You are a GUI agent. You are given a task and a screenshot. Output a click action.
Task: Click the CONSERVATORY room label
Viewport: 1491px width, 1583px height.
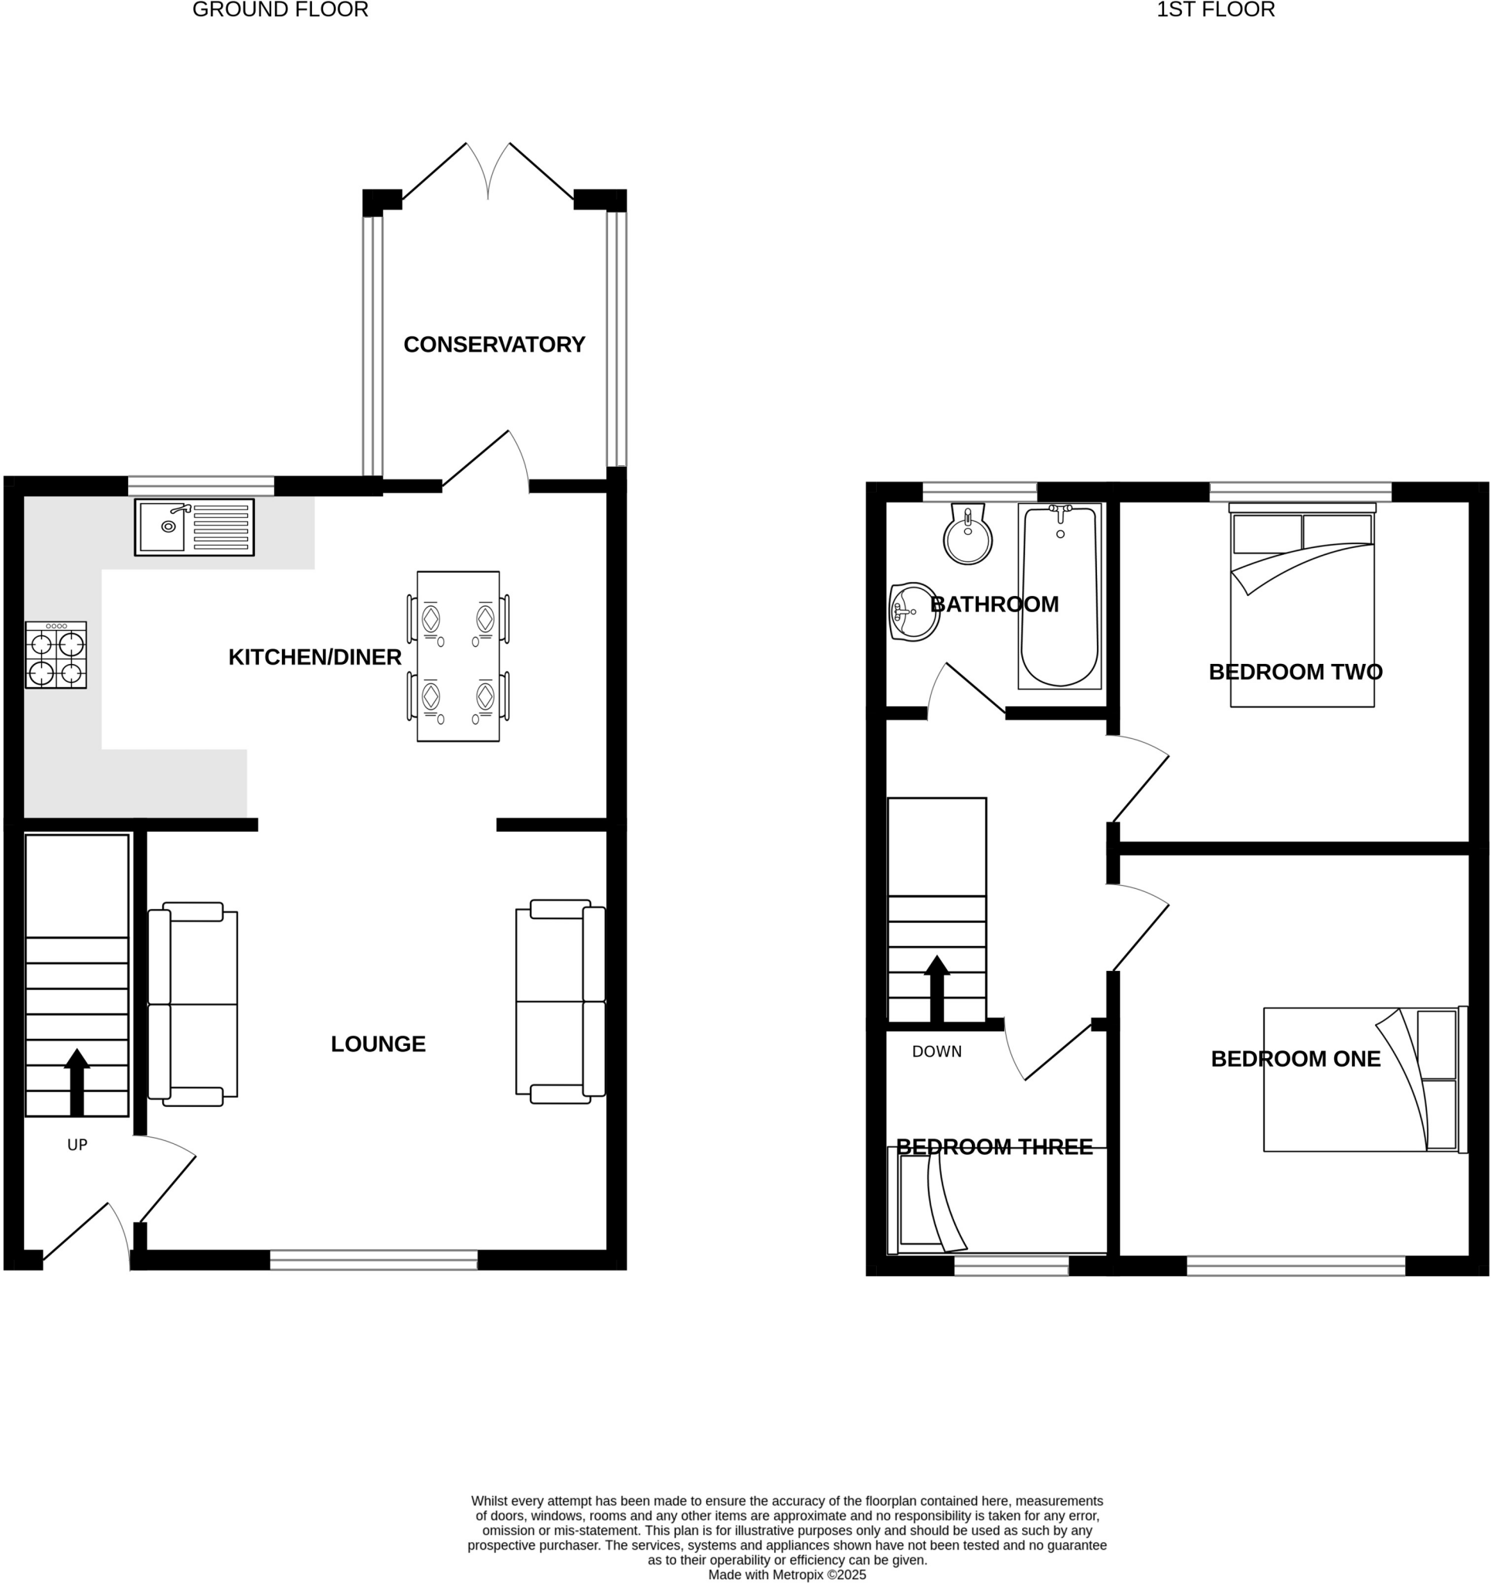(494, 345)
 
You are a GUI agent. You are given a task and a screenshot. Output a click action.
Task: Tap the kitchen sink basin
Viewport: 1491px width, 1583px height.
(162, 526)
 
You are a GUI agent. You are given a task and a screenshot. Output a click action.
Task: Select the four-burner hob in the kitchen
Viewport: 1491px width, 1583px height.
(56, 655)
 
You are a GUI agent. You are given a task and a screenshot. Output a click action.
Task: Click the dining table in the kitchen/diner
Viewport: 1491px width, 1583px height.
(457, 656)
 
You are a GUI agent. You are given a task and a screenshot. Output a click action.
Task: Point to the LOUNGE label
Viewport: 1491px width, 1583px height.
(378, 1044)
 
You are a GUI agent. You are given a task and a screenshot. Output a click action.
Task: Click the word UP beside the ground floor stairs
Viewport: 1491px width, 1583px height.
(77, 1145)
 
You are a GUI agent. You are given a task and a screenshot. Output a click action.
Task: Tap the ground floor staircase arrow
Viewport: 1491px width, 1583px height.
(76, 1082)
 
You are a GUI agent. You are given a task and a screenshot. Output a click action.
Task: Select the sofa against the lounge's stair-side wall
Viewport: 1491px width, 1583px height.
(192, 1004)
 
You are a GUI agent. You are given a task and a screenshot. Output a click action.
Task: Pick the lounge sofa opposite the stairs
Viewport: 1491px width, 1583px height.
(560, 1002)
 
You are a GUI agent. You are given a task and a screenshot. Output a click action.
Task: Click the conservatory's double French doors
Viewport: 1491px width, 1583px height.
(487, 171)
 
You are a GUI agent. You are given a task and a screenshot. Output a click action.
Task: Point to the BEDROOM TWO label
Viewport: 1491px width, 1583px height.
(1296, 672)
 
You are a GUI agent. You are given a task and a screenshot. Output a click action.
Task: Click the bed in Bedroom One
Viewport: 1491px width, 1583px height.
(1364, 1080)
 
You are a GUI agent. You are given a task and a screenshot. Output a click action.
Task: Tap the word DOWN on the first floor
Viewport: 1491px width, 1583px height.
(937, 1052)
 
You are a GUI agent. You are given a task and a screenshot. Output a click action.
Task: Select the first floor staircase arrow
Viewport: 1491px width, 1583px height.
(937, 988)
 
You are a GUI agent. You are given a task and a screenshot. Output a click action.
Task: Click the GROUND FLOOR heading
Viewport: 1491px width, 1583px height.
(280, 9)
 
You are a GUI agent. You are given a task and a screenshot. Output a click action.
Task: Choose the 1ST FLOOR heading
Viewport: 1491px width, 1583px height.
(1215, 9)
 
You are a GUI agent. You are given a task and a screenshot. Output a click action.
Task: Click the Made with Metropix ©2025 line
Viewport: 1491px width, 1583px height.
(786, 1574)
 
